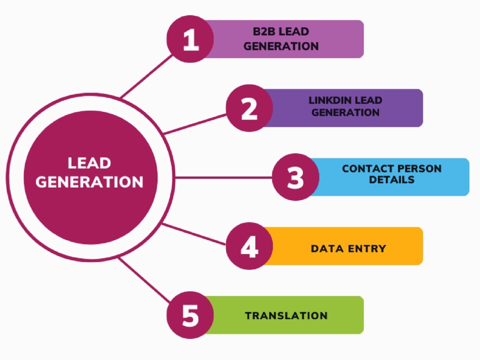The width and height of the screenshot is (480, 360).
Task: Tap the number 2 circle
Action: tap(249, 108)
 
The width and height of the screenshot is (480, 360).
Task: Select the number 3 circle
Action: tap(296, 177)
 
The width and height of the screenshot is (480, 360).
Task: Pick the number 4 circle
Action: tap(249, 246)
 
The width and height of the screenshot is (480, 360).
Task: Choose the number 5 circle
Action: tap(190, 315)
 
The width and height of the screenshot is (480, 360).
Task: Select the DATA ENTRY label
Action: tap(348, 249)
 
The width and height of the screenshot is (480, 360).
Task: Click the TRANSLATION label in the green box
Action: tap(286, 316)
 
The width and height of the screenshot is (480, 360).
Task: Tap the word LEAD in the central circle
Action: tap(90, 163)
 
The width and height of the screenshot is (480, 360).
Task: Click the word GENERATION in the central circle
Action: tap(90, 182)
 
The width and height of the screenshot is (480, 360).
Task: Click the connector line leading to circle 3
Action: tap(223, 178)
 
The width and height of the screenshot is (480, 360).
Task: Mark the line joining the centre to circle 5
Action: tap(144, 280)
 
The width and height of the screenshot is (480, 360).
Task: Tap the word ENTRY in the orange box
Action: tap(367, 249)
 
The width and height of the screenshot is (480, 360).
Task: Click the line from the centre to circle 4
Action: tap(194, 234)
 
